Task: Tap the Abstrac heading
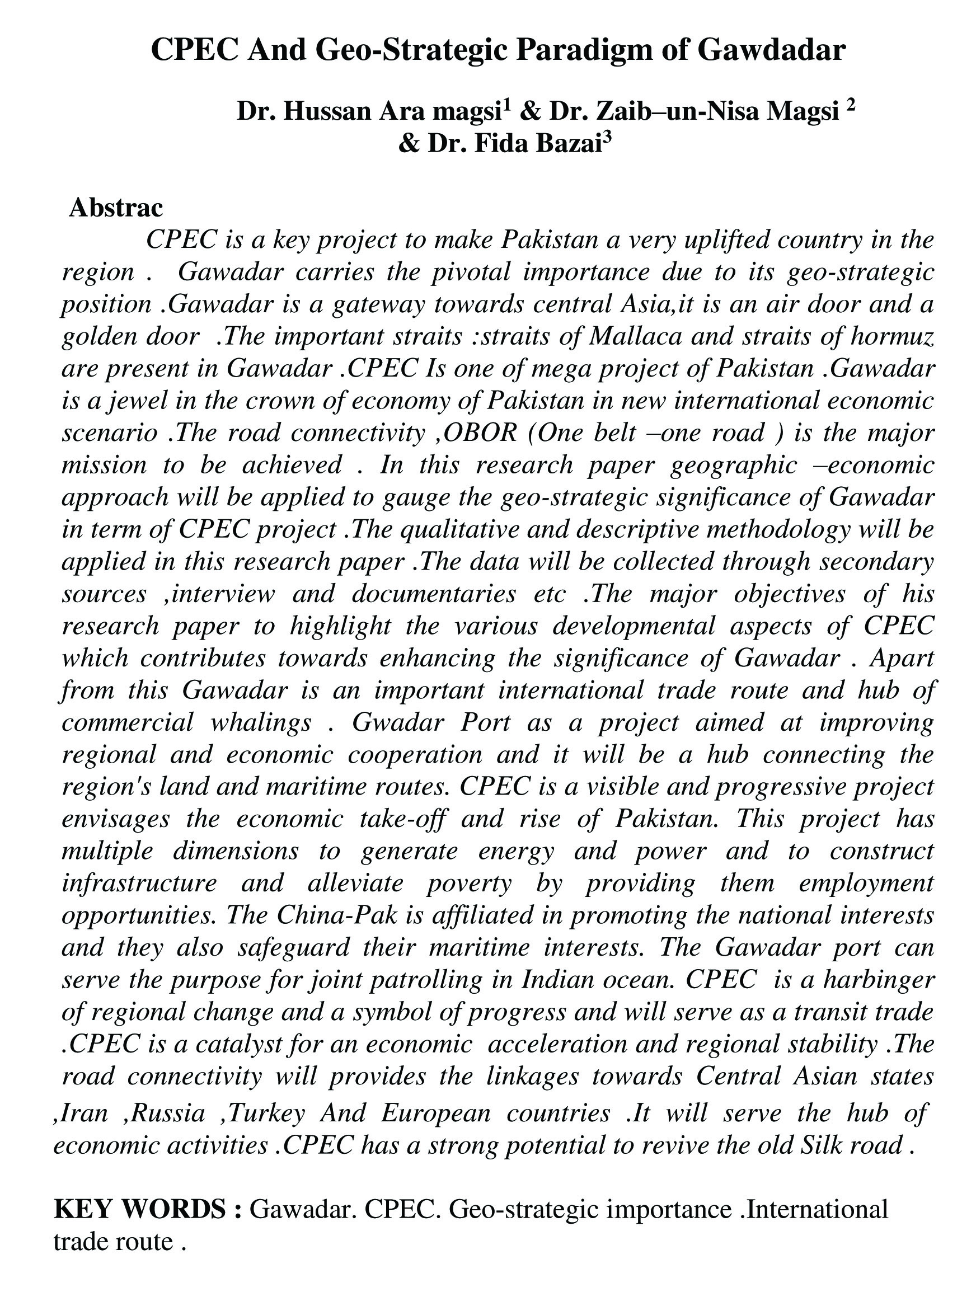click(x=116, y=208)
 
